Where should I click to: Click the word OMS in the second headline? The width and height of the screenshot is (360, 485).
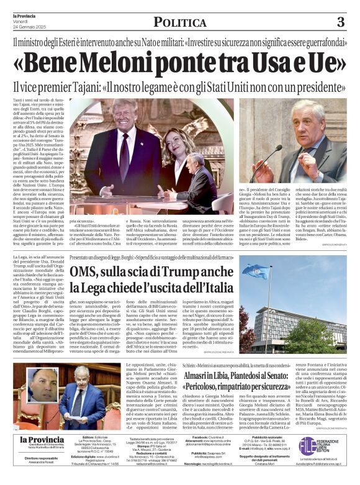(86, 272)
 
